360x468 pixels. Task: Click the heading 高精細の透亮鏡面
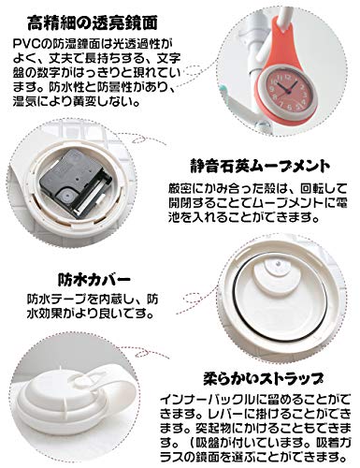tap(93, 23)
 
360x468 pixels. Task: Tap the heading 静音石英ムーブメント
tap(260, 166)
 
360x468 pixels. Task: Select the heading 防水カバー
tap(94, 280)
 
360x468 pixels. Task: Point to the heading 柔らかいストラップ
tap(264, 378)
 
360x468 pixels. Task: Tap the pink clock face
tap(285, 93)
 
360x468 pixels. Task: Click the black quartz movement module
tap(76, 183)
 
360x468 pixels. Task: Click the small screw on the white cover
tap(279, 264)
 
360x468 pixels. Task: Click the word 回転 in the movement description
tap(310, 189)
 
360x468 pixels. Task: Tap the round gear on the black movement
tap(68, 196)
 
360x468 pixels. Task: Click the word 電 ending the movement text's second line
tap(341, 203)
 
